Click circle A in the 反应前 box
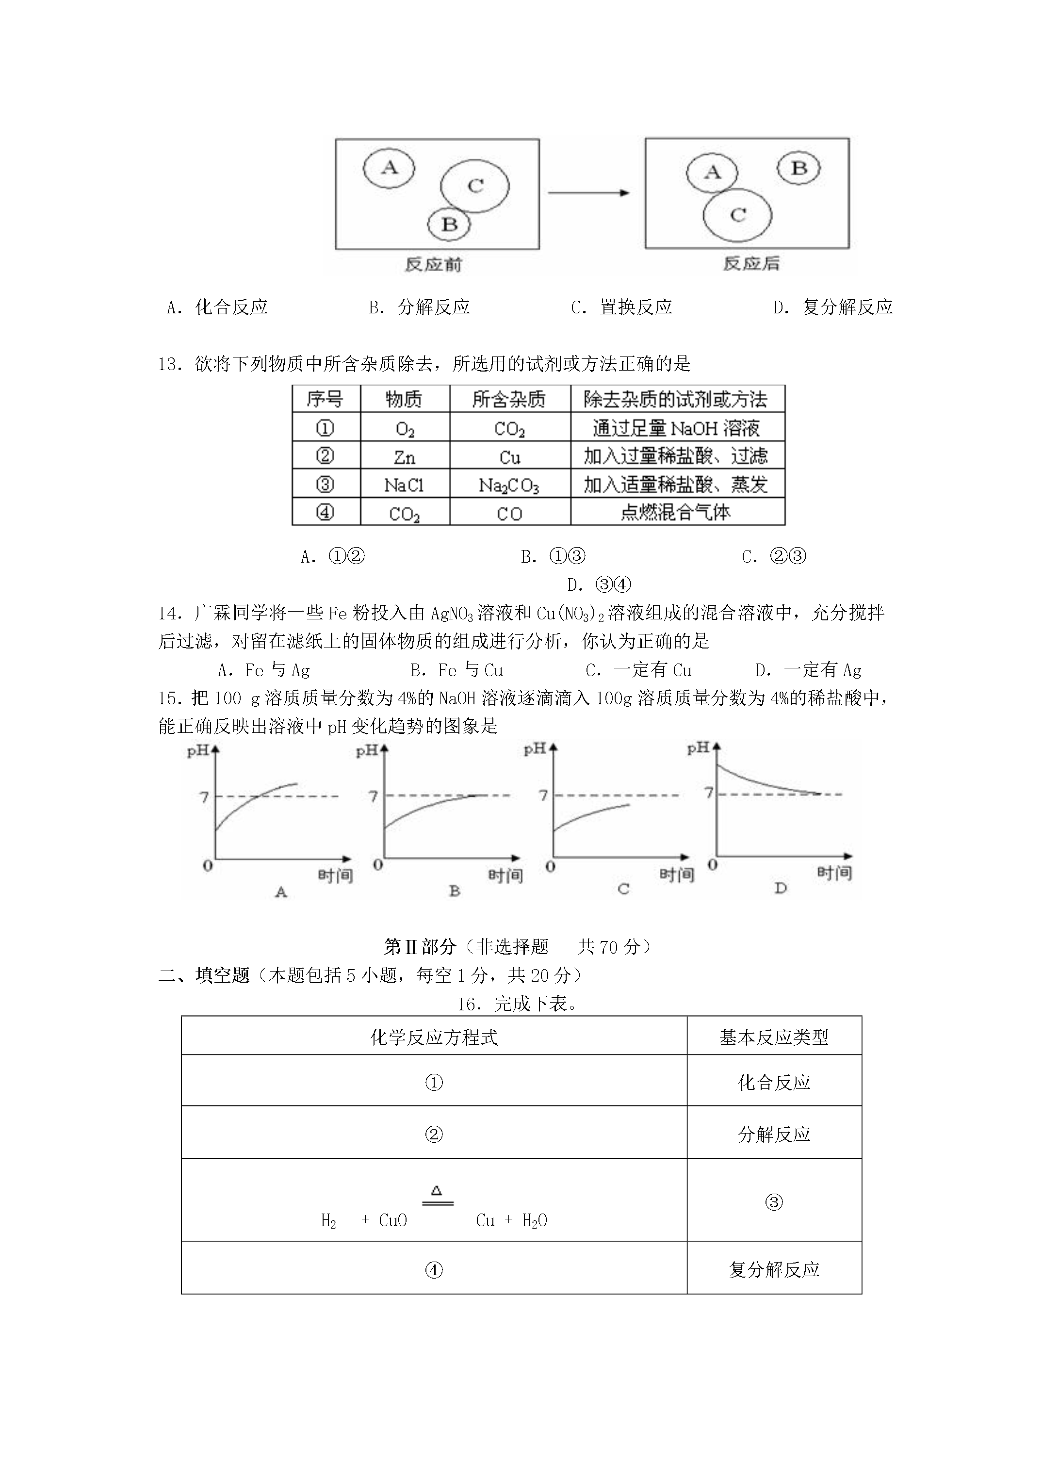coord(389,168)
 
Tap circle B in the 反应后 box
coord(799,168)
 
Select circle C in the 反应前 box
coord(475,186)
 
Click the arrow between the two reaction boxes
coord(588,193)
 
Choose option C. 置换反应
coord(621,307)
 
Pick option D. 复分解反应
coord(833,307)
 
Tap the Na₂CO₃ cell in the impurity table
coord(509,485)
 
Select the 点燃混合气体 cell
coord(676,513)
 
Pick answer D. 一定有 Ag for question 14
coord(808,670)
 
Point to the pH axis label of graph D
coord(698,748)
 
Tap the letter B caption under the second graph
coord(455,891)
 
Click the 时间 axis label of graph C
coord(677,875)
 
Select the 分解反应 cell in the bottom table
coord(774,1134)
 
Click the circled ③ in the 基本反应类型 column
coord(774,1202)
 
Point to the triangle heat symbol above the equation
coord(436,1190)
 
